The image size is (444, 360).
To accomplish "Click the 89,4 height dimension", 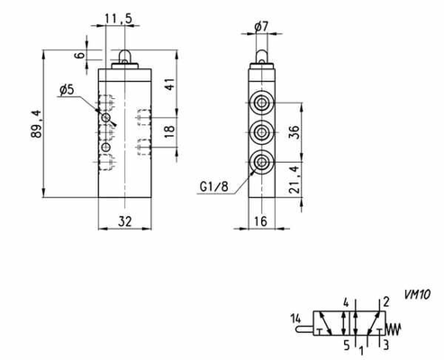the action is [36, 124].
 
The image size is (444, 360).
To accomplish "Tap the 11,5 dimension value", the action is [118, 19].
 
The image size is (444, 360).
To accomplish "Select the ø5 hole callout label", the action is [67, 90].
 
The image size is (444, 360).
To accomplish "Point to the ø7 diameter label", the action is [261, 27].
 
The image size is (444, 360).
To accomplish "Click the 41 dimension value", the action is [169, 85].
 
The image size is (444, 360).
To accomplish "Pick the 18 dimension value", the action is [169, 131].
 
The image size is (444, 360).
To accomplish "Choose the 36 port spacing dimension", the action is [294, 132].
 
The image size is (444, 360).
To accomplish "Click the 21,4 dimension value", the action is [294, 179].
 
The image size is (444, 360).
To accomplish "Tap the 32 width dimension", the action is [125, 221].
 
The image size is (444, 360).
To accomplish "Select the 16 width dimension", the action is [260, 221].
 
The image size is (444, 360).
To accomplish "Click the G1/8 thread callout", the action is [214, 186].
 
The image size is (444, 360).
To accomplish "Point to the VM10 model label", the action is [417, 294].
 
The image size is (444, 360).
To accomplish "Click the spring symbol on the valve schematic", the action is [394, 329].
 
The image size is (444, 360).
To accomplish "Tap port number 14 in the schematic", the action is [295, 319].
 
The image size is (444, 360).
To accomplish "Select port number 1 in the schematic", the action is [362, 351].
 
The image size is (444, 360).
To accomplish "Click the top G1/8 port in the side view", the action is [262, 103].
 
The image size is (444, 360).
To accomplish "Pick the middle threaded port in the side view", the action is [262, 132].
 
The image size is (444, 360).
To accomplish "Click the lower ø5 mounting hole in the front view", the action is [105, 148].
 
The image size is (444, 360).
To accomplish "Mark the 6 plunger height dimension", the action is [80, 55].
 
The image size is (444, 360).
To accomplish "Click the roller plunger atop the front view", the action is [124, 57].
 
